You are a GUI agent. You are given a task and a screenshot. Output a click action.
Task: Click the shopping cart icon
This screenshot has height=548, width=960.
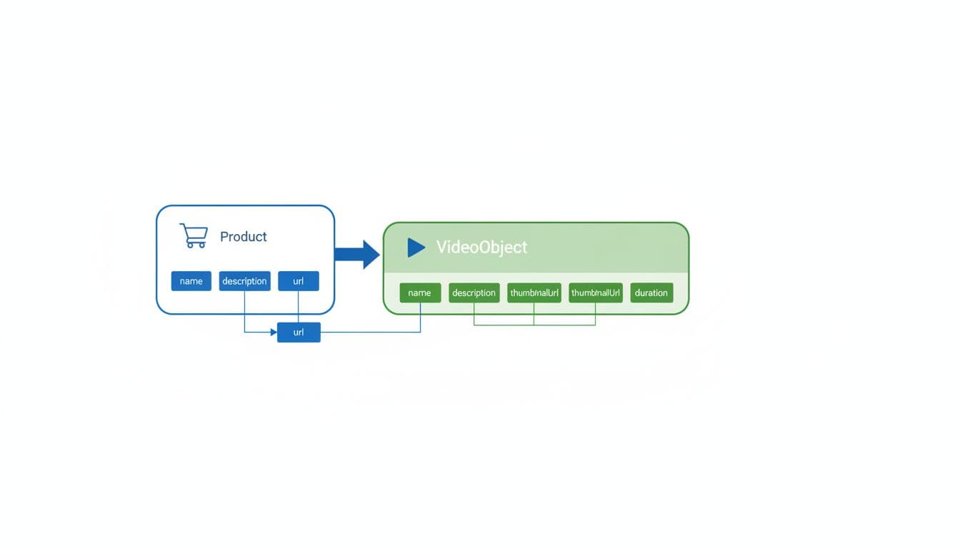tap(193, 235)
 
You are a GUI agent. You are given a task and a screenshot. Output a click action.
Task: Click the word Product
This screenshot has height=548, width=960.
tap(243, 237)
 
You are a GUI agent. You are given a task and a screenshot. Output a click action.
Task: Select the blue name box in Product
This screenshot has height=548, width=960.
tap(191, 281)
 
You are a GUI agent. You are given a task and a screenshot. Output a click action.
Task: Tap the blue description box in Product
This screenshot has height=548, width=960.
tap(244, 281)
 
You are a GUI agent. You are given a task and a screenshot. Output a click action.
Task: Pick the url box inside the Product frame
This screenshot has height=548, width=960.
tap(298, 281)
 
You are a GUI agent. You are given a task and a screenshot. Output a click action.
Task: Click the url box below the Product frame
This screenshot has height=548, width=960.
tap(299, 333)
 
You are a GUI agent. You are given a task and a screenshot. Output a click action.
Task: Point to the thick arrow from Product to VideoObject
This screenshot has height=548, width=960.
tap(356, 255)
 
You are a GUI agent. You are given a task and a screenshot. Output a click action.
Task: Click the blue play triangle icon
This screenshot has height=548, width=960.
tap(416, 248)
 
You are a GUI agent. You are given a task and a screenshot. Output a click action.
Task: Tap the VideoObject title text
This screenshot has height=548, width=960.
tap(481, 248)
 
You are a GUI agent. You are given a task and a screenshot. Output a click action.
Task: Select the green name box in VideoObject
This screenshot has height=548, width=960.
tap(420, 293)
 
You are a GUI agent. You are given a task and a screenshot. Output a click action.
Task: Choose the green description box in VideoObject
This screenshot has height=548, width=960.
tap(474, 293)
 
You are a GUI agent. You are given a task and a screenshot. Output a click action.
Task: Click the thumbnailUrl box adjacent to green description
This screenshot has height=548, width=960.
tap(534, 293)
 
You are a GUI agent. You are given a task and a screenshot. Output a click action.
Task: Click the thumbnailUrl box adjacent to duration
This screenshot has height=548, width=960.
tap(596, 293)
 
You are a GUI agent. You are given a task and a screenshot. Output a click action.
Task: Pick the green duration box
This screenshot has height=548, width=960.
tap(651, 293)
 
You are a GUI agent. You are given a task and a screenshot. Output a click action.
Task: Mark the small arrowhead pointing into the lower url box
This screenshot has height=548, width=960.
tap(273, 333)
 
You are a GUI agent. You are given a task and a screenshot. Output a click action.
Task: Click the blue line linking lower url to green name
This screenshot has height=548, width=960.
tap(371, 333)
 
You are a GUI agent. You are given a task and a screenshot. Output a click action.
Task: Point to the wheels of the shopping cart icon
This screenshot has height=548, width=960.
tap(195, 245)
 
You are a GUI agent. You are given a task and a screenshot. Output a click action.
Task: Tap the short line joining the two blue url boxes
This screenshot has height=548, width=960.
tap(298, 307)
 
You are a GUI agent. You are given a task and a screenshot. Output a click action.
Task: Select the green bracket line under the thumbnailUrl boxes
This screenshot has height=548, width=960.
tap(534, 325)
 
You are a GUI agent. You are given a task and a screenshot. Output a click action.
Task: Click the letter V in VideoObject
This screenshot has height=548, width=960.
tap(441, 248)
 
